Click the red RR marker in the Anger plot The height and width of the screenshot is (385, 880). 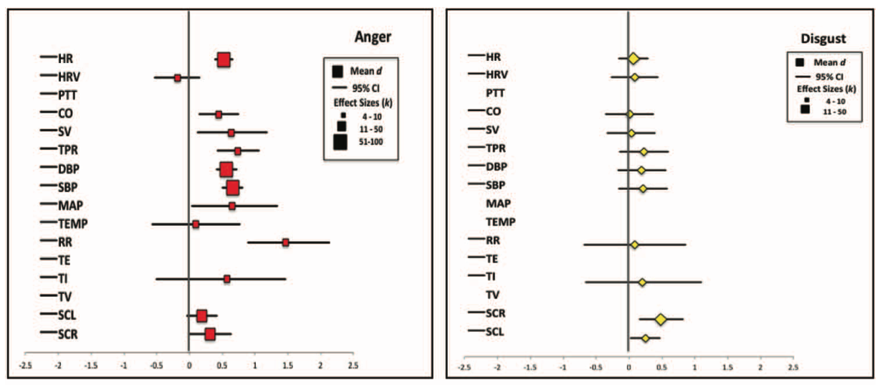285,242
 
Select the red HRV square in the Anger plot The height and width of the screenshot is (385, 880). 178,77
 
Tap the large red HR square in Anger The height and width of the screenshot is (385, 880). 224,60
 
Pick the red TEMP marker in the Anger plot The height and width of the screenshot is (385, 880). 196,224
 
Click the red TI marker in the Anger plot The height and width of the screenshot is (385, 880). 227,278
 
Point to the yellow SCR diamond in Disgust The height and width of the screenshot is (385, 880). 660,319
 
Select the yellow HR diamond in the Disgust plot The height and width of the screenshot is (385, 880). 633,58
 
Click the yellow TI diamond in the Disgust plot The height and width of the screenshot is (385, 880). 642,282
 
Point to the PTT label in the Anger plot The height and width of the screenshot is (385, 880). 69,95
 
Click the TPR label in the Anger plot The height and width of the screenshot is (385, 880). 69,150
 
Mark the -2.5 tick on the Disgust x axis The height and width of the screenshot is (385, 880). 464,367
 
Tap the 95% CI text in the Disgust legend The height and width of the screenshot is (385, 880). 828,76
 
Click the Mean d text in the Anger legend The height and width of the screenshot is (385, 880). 365,70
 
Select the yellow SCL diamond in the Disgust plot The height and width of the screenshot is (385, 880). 645,338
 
